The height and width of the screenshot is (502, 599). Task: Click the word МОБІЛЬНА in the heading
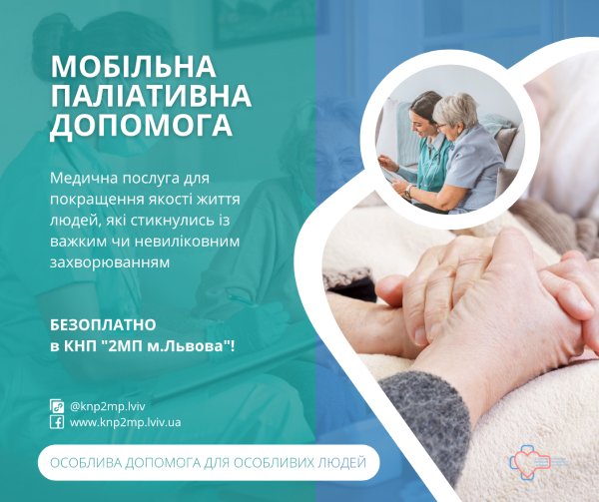point(133,67)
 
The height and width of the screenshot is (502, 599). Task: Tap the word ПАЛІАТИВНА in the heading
point(151,97)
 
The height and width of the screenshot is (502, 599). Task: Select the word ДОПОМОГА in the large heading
point(141,127)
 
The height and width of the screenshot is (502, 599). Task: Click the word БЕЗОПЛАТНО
point(103,326)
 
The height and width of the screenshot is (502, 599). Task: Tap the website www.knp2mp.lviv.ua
point(125,422)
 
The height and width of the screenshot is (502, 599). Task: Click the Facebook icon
point(57,422)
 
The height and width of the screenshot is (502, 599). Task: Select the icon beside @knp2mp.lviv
point(57,405)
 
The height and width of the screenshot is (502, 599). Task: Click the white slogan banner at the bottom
point(209,463)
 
